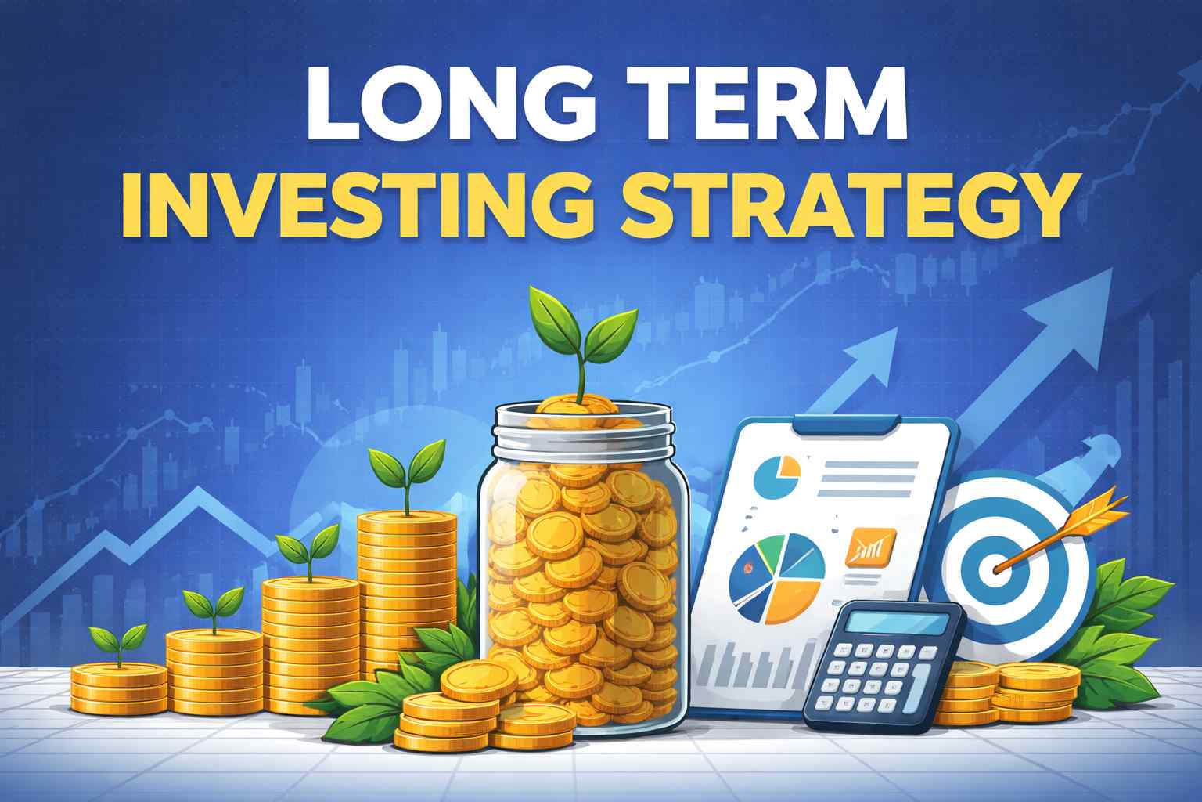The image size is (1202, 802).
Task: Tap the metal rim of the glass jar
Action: click(x=583, y=435)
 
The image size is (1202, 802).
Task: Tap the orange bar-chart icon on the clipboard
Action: click(x=869, y=546)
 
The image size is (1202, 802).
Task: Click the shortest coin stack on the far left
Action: click(x=119, y=688)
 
